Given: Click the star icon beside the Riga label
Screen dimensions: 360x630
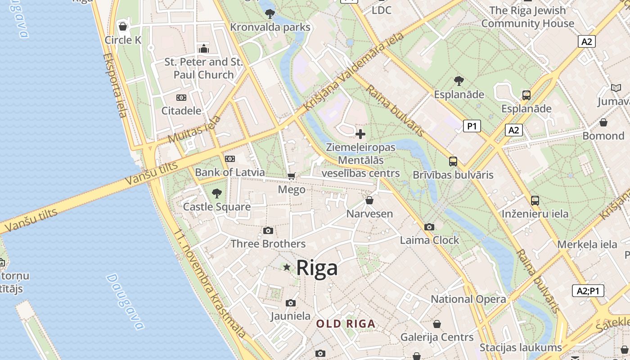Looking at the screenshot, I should click(x=287, y=267).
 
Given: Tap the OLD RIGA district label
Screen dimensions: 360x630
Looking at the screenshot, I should click(x=345, y=324).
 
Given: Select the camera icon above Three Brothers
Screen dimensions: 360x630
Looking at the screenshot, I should click(x=268, y=231).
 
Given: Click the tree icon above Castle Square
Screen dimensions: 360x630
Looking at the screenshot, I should click(x=216, y=193).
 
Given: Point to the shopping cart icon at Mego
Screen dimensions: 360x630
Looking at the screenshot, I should click(x=292, y=176).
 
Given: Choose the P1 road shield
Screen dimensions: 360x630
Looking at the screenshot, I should click(x=472, y=126).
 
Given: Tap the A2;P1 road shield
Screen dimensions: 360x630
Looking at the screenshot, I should click(x=588, y=291).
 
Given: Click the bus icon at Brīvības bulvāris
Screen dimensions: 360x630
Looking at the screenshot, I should click(x=453, y=162).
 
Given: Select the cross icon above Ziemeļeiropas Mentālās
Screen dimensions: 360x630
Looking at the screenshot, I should click(x=360, y=134).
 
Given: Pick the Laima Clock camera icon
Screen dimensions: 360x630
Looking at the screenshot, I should click(x=429, y=227).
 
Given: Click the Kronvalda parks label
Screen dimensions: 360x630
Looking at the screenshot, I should click(x=270, y=27).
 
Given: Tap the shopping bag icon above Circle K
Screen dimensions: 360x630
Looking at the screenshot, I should click(x=123, y=27).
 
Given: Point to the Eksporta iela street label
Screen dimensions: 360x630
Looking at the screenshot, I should click(x=115, y=85).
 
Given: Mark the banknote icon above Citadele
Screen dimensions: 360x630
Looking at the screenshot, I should click(x=181, y=97).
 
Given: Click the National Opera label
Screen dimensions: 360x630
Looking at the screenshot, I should click(x=468, y=299).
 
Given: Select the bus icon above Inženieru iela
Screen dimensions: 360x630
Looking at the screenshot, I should click(x=535, y=200).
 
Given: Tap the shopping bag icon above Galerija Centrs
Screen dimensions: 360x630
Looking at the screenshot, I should click(x=436, y=324).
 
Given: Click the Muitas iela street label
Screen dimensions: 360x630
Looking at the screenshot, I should click(x=195, y=129).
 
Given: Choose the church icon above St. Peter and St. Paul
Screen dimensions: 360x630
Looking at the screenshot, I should click(x=204, y=48).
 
